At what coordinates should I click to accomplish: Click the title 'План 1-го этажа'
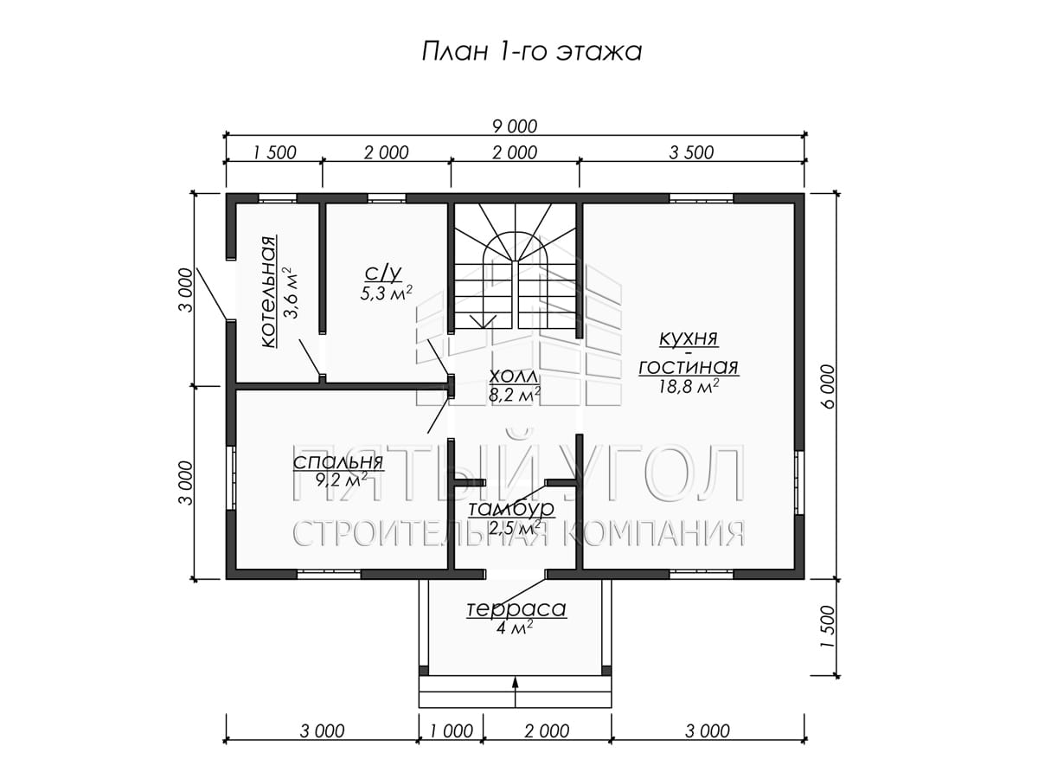coord(531,51)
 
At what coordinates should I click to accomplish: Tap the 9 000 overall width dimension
coord(515,126)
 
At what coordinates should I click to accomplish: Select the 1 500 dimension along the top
coord(274,152)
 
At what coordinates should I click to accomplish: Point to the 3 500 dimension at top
coord(691,152)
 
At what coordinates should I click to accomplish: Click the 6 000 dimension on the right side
coord(828,385)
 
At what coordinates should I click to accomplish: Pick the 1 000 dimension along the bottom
coord(452,731)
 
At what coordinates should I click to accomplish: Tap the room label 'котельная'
coord(269,292)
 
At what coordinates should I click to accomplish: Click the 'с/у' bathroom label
coord(383,273)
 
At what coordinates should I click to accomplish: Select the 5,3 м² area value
coord(386,293)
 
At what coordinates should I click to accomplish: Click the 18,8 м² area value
coord(689,386)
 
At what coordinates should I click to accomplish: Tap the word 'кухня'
coord(689,338)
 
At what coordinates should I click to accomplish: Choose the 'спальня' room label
coord(338,462)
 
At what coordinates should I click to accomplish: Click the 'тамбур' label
coord(511,508)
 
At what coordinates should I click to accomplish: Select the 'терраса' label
coord(516,608)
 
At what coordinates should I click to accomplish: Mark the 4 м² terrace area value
coord(515,628)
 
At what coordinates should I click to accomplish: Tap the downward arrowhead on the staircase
coord(484,322)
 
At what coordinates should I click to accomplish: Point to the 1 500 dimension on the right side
coord(828,628)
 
